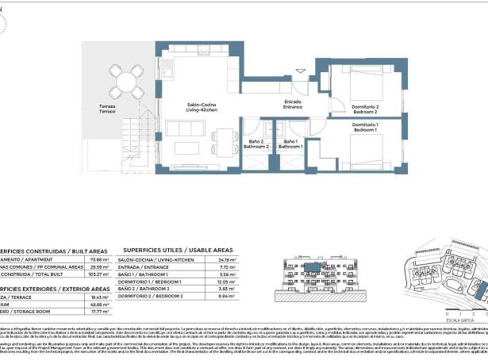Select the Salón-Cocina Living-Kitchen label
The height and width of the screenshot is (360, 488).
202,108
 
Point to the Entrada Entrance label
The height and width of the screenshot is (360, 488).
293,104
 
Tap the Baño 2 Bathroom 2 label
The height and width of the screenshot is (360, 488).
256,144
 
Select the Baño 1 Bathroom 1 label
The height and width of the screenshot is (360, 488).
290,144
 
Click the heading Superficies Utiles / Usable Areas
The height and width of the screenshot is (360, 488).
177,249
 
